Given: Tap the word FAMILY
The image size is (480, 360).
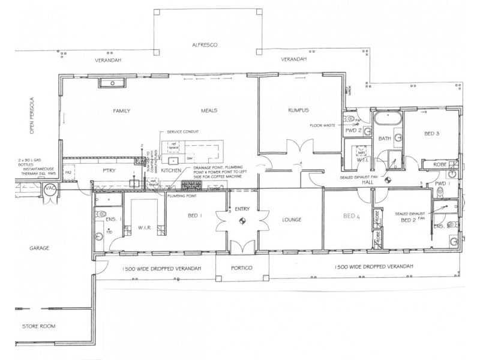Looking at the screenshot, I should [x=122, y=111].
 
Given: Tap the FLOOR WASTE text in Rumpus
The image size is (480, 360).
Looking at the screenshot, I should [x=323, y=126].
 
